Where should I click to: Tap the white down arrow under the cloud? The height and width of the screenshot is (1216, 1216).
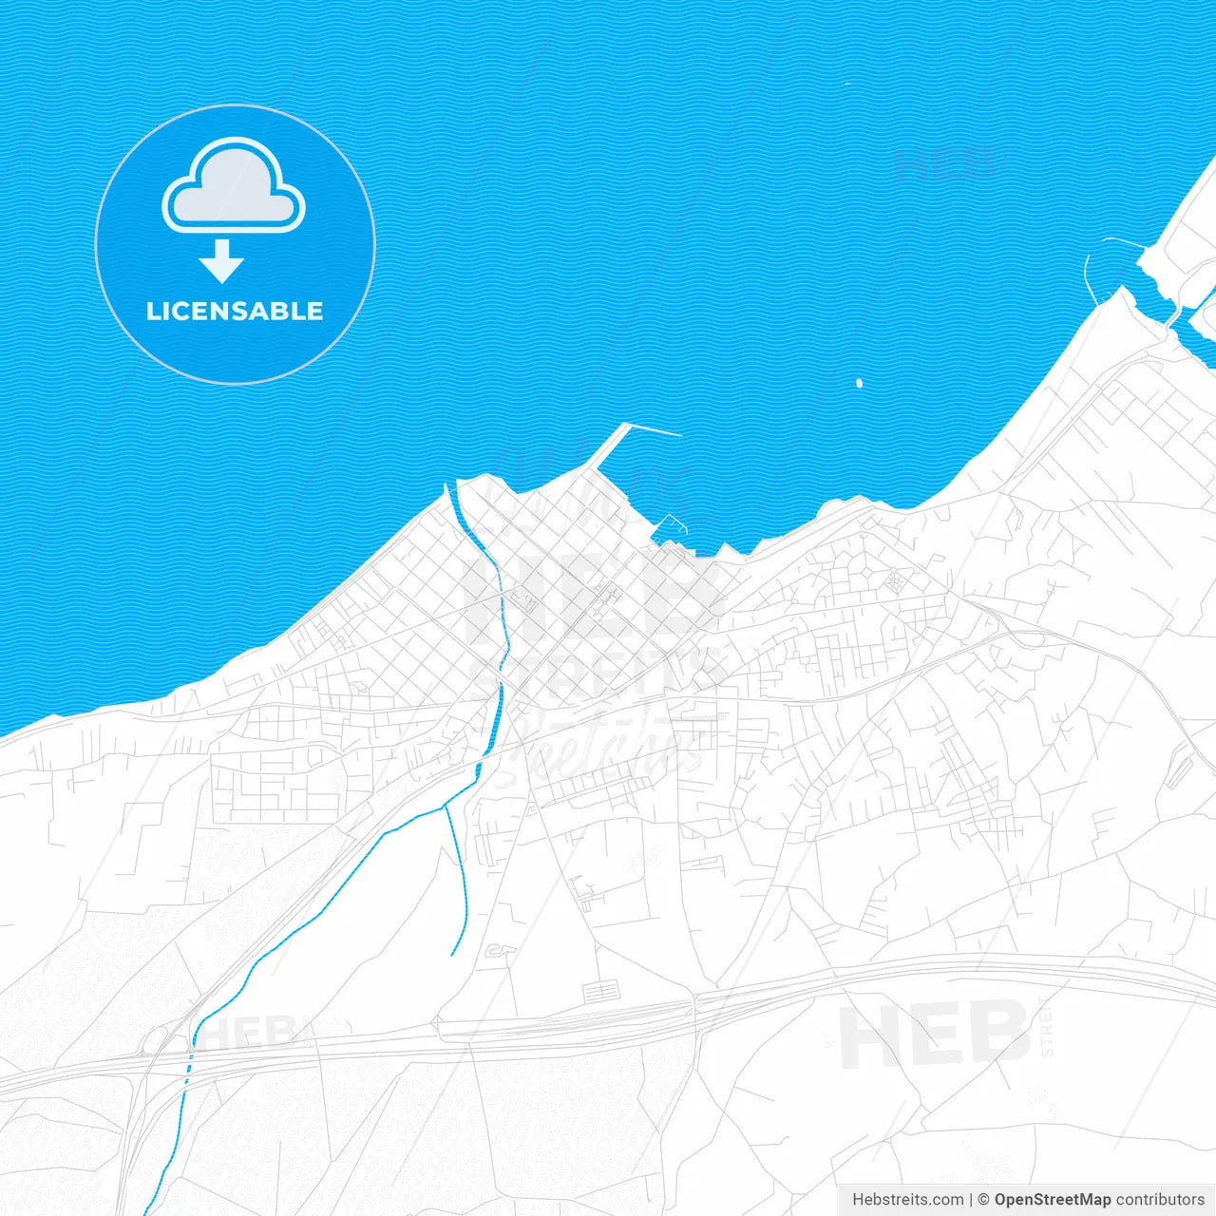(222, 261)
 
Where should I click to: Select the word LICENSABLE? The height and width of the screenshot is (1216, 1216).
(235, 312)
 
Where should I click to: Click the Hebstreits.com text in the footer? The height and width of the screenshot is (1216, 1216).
(907, 1200)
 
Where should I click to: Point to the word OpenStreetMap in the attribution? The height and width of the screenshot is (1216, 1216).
(1052, 1200)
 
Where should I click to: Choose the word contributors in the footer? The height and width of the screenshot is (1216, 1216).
(1160, 1200)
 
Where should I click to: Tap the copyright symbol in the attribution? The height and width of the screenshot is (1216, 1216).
(983, 1200)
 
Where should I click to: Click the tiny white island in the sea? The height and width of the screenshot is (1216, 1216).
(859, 384)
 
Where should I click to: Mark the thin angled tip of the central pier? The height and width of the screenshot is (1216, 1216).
(655, 431)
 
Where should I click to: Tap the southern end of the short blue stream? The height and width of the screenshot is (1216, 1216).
(452, 953)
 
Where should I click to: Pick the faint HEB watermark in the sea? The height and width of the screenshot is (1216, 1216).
(945, 163)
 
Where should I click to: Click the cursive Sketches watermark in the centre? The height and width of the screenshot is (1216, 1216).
(608, 750)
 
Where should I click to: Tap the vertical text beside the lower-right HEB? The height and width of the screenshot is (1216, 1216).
(1048, 1028)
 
